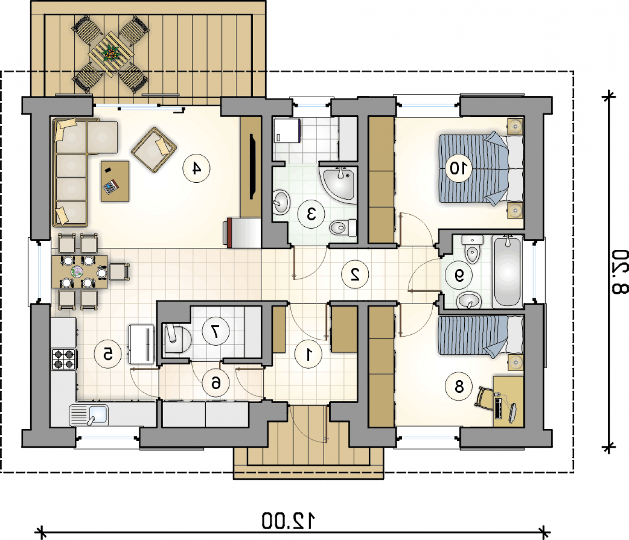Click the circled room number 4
pos(196,168)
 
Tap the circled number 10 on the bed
pos(458,168)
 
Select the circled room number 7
pos(216,331)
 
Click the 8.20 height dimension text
pos(619,272)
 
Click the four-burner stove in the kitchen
pos(64,359)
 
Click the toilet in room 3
pos(343,227)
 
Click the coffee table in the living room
pos(115,181)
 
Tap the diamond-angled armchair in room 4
pos(154,150)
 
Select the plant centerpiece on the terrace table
pos(111,54)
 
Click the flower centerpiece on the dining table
pos(77,271)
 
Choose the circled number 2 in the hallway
pos(355,274)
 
